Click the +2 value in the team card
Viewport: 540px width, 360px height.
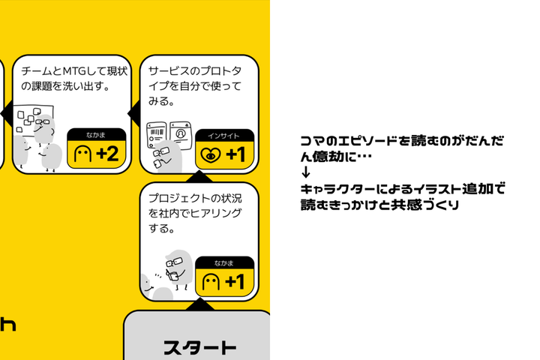click(x=106, y=155)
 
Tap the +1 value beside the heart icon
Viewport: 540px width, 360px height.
click(x=235, y=155)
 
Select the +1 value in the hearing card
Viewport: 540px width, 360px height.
click(x=235, y=282)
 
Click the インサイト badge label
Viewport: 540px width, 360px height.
click(x=224, y=136)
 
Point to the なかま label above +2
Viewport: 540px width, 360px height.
click(x=95, y=136)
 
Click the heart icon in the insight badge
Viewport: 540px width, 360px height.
click(x=209, y=156)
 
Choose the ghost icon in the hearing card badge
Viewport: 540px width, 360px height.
click(x=211, y=283)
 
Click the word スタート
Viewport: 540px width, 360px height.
click(x=199, y=348)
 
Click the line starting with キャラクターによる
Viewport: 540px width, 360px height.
click(x=401, y=189)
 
